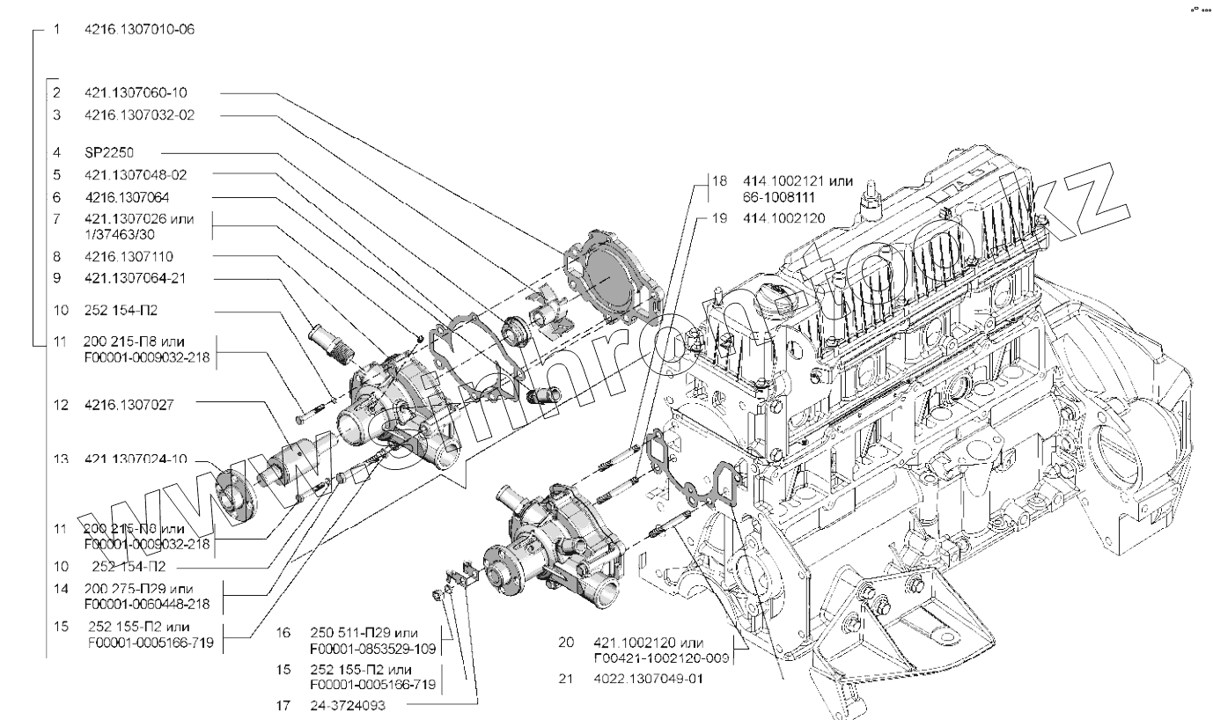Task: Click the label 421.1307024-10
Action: tap(135, 459)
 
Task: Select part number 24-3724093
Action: tap(349, 704)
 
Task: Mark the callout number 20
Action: tap(566, 642)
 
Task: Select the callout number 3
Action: tap(56, 114)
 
